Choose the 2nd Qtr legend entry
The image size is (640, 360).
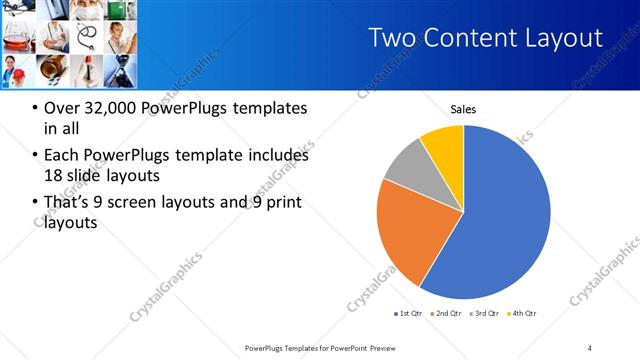pyautogui.click(x=448, y=315)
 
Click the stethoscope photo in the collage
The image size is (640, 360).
pyautogui.click(x=88, y=37)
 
